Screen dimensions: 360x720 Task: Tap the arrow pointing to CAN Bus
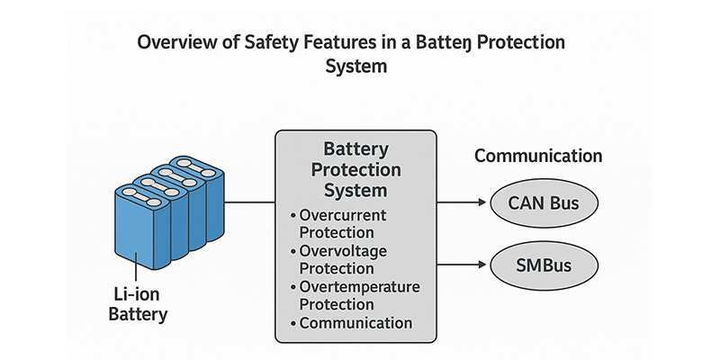point(464,202)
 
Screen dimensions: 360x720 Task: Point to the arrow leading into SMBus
point(464,265)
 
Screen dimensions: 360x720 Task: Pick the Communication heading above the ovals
point(538,156)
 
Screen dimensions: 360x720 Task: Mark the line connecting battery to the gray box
point(249,202)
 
